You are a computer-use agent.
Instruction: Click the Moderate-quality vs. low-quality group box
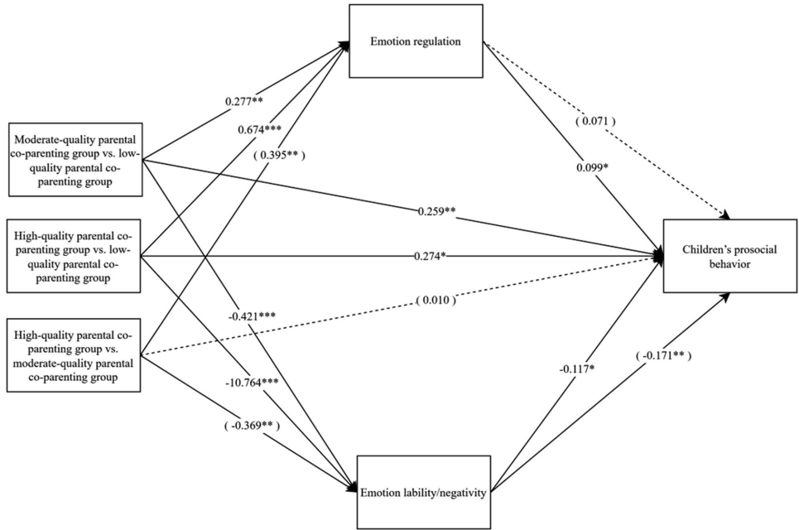73,161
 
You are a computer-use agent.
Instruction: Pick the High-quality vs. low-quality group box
73,254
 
